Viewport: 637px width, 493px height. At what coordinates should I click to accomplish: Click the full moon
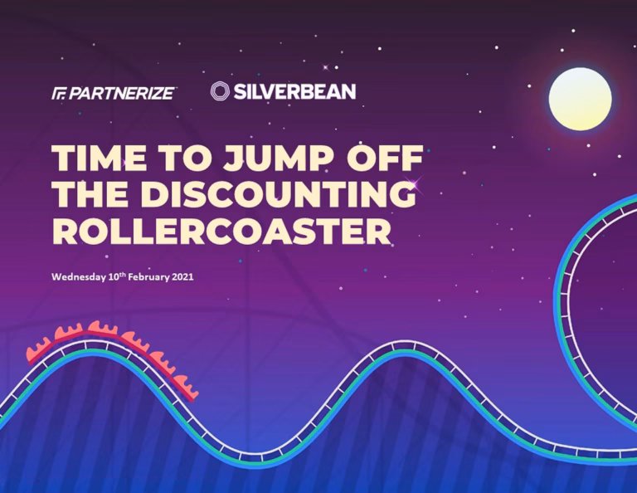coord(580,99)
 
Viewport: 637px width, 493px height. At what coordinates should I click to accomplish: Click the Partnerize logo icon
coord(60,94)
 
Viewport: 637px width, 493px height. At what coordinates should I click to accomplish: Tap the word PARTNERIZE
coord(122,94)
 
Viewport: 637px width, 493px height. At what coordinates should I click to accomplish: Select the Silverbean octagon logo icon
coord(220,91)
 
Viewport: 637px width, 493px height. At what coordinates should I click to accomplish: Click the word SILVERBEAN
coord(294,91)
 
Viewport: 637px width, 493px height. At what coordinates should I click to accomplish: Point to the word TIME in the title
coord(100,158)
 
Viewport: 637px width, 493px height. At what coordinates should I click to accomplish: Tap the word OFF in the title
coord(384,158)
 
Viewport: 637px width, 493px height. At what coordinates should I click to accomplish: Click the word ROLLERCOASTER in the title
coord(221,231)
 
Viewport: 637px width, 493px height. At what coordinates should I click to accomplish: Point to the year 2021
coord(182,277)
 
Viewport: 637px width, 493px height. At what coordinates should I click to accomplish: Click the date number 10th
coord(117,276)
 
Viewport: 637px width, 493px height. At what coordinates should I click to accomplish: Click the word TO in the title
coord(186,158)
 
